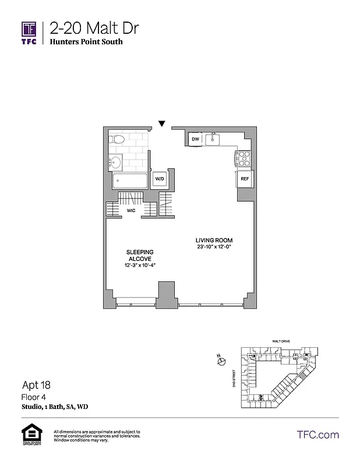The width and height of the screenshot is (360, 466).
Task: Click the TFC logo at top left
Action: point(29,33)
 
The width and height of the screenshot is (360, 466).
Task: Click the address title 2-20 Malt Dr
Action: point(94,27)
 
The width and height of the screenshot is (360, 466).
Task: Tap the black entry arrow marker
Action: point(162,123)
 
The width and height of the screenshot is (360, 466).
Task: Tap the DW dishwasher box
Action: point(196,139)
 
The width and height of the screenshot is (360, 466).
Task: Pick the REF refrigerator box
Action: point(245,179)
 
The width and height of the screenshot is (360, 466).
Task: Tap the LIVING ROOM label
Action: point(218,239)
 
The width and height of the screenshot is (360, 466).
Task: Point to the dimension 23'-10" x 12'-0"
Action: point(218,246)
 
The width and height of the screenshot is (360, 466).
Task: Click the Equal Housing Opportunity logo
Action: point(29,435)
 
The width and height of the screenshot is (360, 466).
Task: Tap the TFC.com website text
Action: point(317,435)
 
